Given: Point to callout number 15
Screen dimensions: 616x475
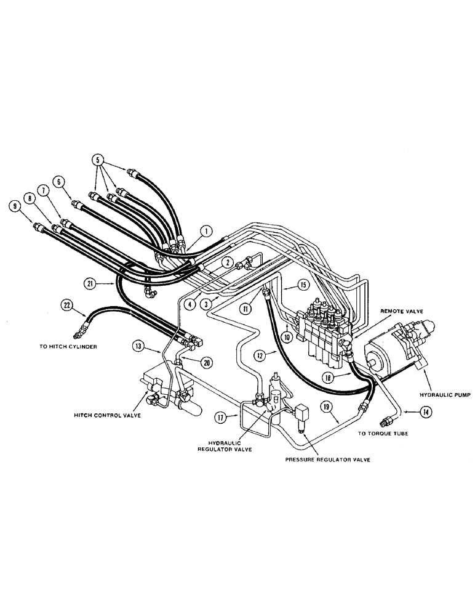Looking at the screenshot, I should tap(303, 285).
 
